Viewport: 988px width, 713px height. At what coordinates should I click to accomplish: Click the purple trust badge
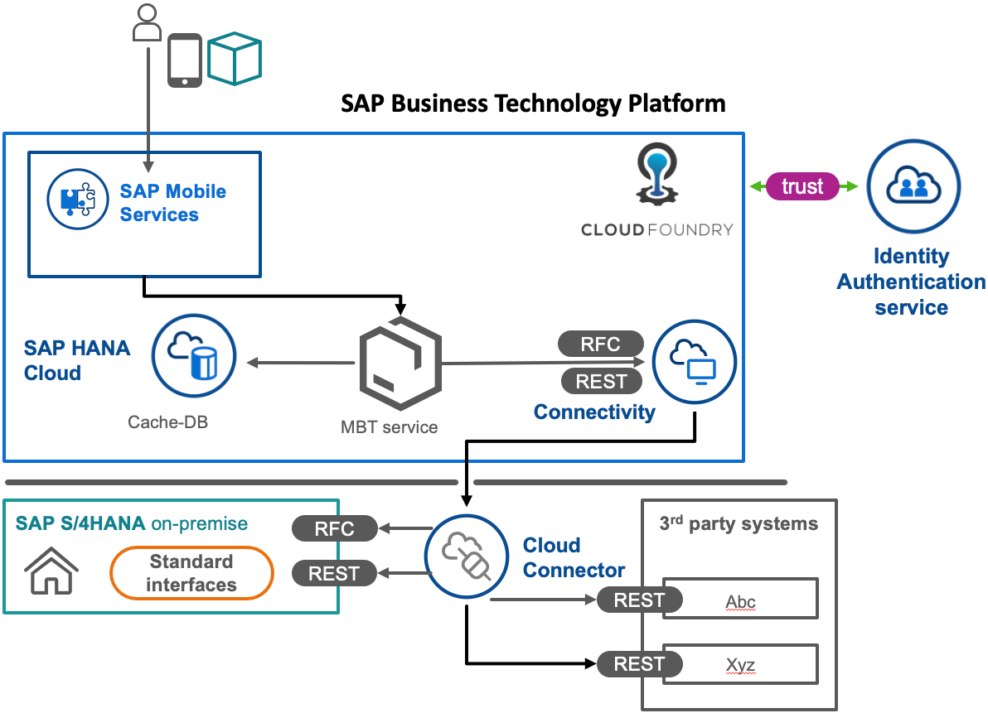[x=802, y=186]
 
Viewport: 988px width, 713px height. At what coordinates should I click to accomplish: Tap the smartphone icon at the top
[x=185, y=60]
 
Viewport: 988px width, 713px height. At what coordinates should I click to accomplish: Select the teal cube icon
[x=235, y=58]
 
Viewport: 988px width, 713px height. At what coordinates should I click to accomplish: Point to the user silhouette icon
[x=147, y=23]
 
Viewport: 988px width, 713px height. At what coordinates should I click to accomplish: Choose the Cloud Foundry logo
[x=656, y=174]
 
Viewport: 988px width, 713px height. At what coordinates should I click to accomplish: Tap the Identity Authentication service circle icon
[x=913, y=186]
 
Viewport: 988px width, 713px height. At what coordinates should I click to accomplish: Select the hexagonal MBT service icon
[x=400, y=363]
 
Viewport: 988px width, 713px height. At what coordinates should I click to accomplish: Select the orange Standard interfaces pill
[x=191, y=573]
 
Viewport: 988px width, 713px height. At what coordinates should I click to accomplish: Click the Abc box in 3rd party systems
[x=741, y=601]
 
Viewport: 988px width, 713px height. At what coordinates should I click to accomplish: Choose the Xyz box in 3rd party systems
[x=741, y=665]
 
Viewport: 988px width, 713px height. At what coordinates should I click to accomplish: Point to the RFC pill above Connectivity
[x=601, y=344]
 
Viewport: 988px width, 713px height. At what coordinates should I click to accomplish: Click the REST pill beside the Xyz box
[x=639, y=664]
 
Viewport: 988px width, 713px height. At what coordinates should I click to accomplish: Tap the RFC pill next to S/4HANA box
[x=334, y=528]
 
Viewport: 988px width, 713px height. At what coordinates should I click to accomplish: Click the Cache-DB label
[x=167, y=422]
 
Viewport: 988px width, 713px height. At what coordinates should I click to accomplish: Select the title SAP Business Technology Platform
[x=533, y=104]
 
